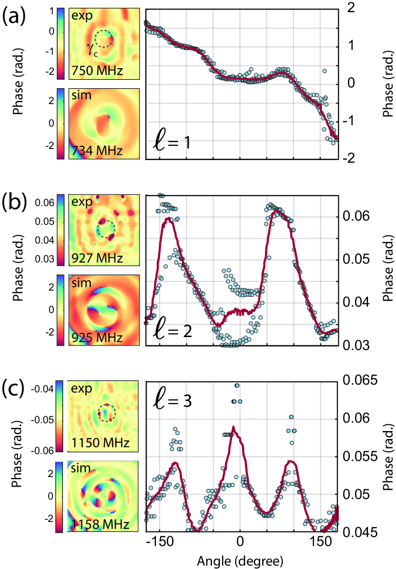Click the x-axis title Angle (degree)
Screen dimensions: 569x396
(240, 559)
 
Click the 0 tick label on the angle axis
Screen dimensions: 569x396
(240, 543)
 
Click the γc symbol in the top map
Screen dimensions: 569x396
(93, 47)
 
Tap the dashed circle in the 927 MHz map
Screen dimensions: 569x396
(106, 230)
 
